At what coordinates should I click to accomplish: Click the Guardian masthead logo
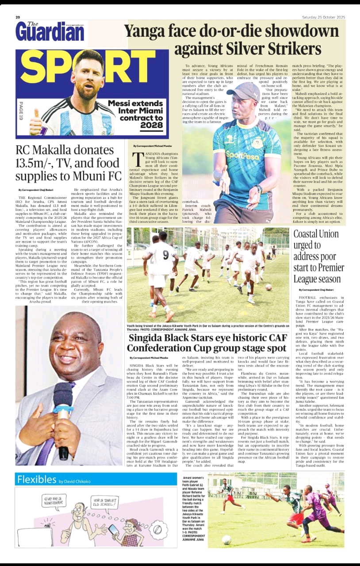pyautogui.click(x=50, y=32)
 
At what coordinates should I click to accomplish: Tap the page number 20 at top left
pyautogui.click(x=18, y=17)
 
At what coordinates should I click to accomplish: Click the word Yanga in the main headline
pyautogui.click(x=149, y=32)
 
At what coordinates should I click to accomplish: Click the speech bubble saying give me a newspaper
pyautogui.click(x=54, y=501)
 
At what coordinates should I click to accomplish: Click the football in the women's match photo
pyautogui.click(x=227, y=539)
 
